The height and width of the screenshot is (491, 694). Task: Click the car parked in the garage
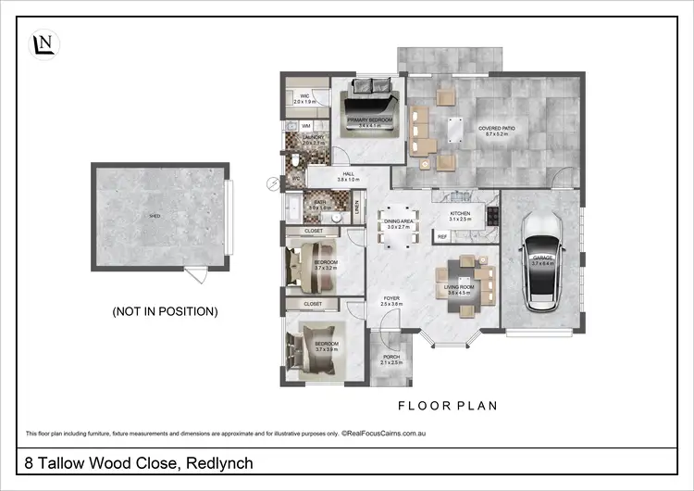tap(539, 264)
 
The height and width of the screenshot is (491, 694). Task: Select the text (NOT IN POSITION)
tap(165, 311)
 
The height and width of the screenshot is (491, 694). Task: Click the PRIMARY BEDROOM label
tap(367, 120)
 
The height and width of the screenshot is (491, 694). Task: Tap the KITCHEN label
tap(460, 214)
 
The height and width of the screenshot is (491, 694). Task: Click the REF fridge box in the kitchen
tap(442, 237)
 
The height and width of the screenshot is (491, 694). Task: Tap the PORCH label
tap(391, 357)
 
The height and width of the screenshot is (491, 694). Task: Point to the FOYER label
tap(391, 299)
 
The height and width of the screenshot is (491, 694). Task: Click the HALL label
tap(348, 175)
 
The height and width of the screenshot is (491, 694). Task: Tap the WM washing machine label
tap(305, 125)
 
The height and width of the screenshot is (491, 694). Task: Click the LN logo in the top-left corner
tap(42, 44)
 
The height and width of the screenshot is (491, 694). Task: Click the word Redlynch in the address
tap(219, 462)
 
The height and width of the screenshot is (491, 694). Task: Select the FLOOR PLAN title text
tap(448, 405)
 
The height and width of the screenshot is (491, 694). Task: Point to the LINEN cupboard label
tap(357, 212)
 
